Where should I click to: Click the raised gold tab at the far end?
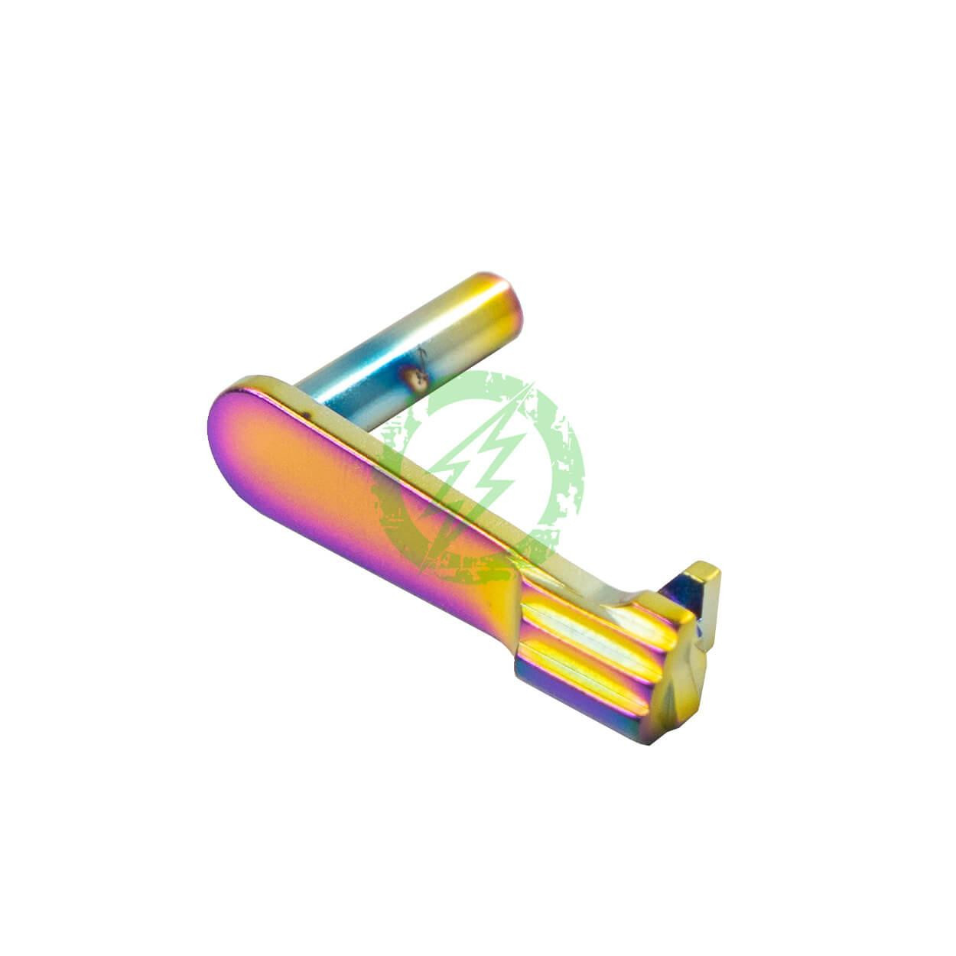coord(704,577)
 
